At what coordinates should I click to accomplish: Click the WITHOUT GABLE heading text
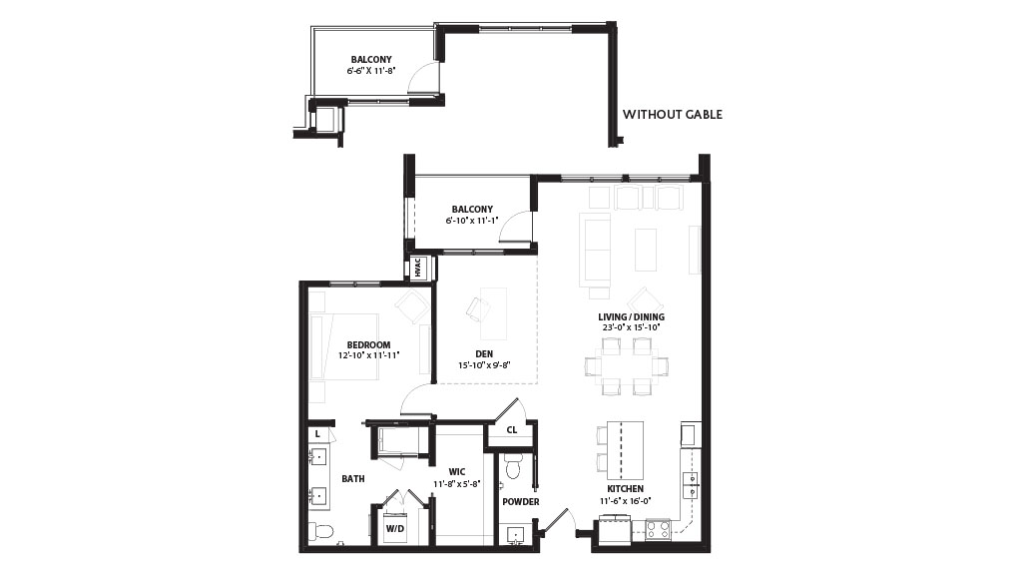point(672,115)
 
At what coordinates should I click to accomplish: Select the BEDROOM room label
point(368,344)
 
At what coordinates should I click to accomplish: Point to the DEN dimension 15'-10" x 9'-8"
point(483,365)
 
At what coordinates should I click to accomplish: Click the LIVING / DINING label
point(631,316)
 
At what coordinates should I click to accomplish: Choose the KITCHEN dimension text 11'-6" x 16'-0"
point(626,501)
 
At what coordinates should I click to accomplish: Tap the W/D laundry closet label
point(395,529)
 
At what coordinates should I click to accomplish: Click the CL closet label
point(512,429)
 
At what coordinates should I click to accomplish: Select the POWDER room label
point(521,501)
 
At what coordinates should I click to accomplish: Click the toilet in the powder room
point(512,466)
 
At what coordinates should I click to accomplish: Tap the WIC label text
point(457,472)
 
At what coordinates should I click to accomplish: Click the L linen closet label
point(317,433)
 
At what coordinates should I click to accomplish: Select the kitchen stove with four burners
point(658,528)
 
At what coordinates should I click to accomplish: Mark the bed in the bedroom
point(344,346)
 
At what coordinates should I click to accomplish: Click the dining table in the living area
point(627,367)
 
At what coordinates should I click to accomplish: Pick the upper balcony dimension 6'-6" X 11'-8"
point(371,71)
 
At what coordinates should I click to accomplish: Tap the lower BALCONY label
point(472,210)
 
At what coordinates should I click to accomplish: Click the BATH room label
point(353,478)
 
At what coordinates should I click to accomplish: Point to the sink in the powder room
point(516,535)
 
